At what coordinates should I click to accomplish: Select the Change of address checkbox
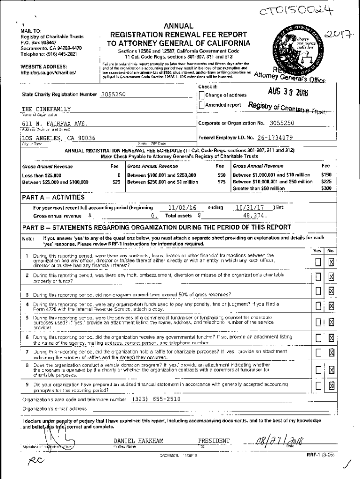202,95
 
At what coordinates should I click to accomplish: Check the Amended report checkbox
202,105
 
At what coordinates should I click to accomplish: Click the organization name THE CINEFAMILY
46,109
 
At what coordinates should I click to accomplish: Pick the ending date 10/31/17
250,208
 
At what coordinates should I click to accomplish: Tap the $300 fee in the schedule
326,188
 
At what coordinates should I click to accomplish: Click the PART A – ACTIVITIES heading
53,197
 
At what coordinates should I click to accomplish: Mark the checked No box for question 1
331,262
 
